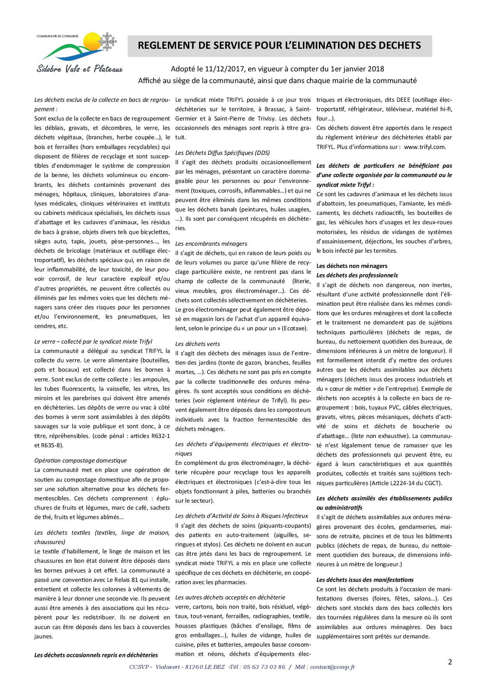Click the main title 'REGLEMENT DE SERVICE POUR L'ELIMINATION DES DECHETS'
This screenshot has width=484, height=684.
279,46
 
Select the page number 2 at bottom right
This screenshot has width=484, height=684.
450,662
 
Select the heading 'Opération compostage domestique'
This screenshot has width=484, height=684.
80,460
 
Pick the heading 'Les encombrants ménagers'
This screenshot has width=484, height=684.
211,243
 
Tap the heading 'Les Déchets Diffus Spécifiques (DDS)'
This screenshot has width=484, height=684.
222,152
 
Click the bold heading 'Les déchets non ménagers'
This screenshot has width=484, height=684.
352,266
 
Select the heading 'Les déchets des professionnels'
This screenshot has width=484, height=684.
357,275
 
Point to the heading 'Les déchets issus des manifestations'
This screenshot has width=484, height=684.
365,579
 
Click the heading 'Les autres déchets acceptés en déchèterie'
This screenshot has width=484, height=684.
230,597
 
